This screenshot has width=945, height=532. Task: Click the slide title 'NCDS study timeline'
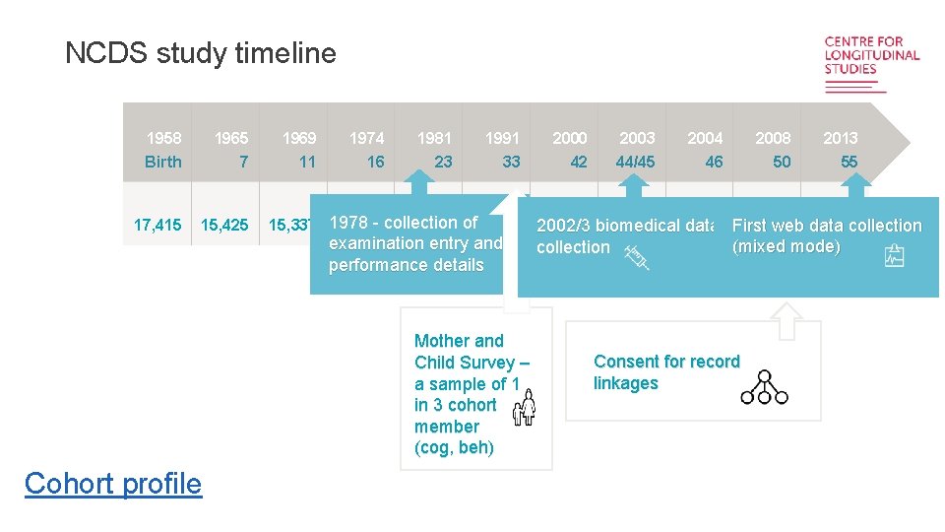tap(200, 53)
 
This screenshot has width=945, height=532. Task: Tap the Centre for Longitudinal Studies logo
tap(871, 63)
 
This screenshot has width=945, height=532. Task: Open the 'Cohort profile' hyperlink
tap(113, 484)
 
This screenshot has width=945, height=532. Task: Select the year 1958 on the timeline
tap(163, 138)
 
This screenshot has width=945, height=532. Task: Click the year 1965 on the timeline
tap(231, 138)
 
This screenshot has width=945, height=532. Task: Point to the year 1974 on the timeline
tap(367, 138)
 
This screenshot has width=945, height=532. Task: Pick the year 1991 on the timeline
tap(502, 138)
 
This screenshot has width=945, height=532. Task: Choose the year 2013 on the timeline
tap(841, 138)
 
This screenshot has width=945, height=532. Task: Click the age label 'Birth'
tap(163, 162)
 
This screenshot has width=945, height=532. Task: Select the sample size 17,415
tap(157, 226)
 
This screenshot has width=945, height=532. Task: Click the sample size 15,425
tap(224, 226)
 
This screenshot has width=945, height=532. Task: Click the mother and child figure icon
tap(524, 406)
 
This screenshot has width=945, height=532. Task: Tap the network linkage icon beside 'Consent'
tap(764, 388)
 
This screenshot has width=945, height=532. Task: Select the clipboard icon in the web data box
tap(895, 256)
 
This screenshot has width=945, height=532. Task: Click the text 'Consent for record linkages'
tap(666, 372)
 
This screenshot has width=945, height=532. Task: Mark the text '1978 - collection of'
tap(403, 223)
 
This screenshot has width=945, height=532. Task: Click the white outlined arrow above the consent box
tap(785, 319)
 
